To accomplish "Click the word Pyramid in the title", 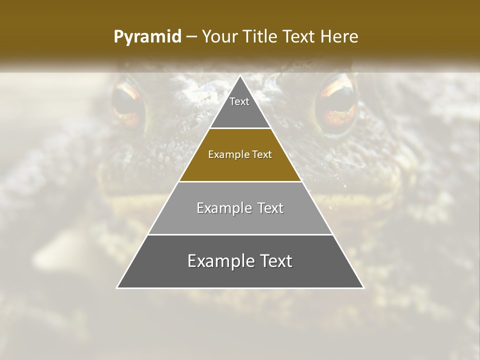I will (x=147, y=37).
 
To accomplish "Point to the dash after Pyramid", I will (x=190, y=37).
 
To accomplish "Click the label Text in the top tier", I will (x=239, y=101).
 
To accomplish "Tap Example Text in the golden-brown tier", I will (x=240, y=154).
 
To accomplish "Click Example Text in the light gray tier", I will (x=240, y=208).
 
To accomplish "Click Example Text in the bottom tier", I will (x=240, y=261).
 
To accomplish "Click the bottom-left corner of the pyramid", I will (x=117, y=287).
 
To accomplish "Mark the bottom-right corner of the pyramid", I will (x=363, y=287).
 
